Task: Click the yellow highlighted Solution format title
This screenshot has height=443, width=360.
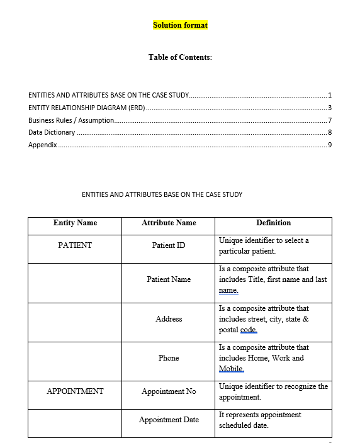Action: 180,25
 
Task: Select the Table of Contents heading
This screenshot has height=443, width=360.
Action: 180,57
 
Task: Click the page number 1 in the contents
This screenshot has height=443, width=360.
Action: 330,96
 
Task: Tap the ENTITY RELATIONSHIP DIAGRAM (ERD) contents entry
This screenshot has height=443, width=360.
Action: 87,108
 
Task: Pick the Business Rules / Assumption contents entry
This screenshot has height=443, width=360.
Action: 71,120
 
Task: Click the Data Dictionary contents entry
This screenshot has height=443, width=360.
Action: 52,133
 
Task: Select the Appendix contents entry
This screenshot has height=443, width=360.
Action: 43,145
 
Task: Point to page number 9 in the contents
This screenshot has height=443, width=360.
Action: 330,145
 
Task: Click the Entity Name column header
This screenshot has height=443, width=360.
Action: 75,223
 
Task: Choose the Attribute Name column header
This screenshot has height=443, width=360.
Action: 169,223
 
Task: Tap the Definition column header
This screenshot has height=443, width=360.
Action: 274,223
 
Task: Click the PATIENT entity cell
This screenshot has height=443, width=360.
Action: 75,245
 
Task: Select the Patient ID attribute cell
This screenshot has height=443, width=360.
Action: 169,245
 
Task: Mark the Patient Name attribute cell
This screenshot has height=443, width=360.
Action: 169,279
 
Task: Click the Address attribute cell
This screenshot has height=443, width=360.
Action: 169,319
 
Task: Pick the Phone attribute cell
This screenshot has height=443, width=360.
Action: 169,358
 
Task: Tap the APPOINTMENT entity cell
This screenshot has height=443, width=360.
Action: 75,391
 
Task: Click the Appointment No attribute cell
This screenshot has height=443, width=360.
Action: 169,391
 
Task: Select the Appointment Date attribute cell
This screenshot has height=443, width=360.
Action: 169,420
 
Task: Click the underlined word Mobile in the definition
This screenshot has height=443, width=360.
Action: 231,369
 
